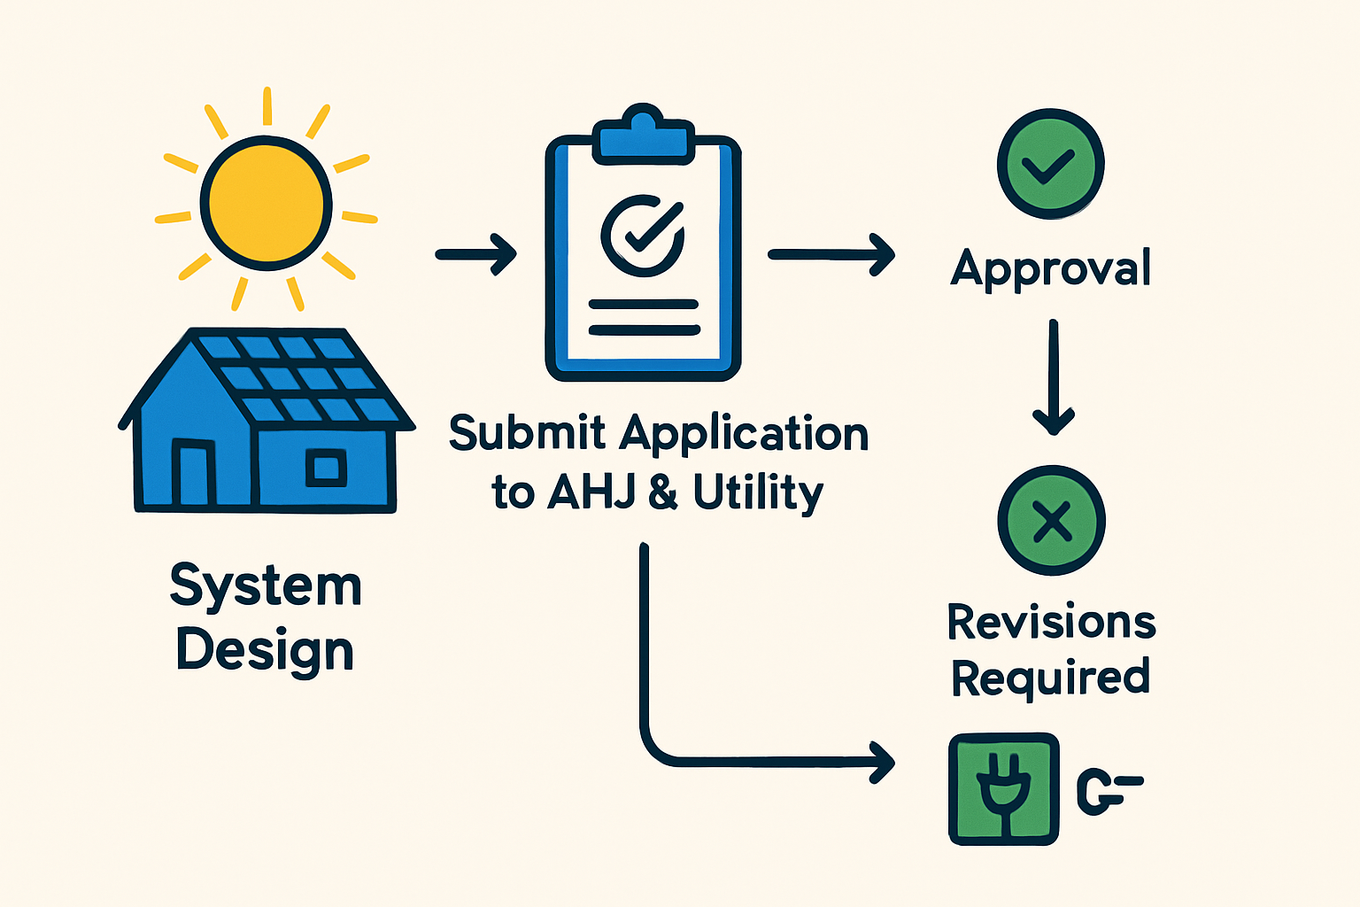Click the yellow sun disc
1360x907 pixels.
pos(266,203)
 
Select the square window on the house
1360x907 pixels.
pos(326,467)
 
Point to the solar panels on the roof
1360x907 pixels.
pos(297,377)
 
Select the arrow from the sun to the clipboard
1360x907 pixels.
pos(476,254)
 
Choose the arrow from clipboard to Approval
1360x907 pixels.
pos(831,254)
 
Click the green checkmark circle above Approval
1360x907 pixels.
pos(1050,165)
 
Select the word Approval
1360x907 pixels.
pos(1050,267)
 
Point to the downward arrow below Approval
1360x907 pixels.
pos(1053,376)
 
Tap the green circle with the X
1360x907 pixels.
pos(1052,521)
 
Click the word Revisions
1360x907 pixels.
pos(1051,622)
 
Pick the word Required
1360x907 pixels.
pos(1050,678)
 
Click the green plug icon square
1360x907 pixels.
pos(1003,788)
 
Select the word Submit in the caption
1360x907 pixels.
pos(527,433)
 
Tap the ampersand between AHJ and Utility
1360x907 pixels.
pos(663,492)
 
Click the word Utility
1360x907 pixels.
pos(758,492)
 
